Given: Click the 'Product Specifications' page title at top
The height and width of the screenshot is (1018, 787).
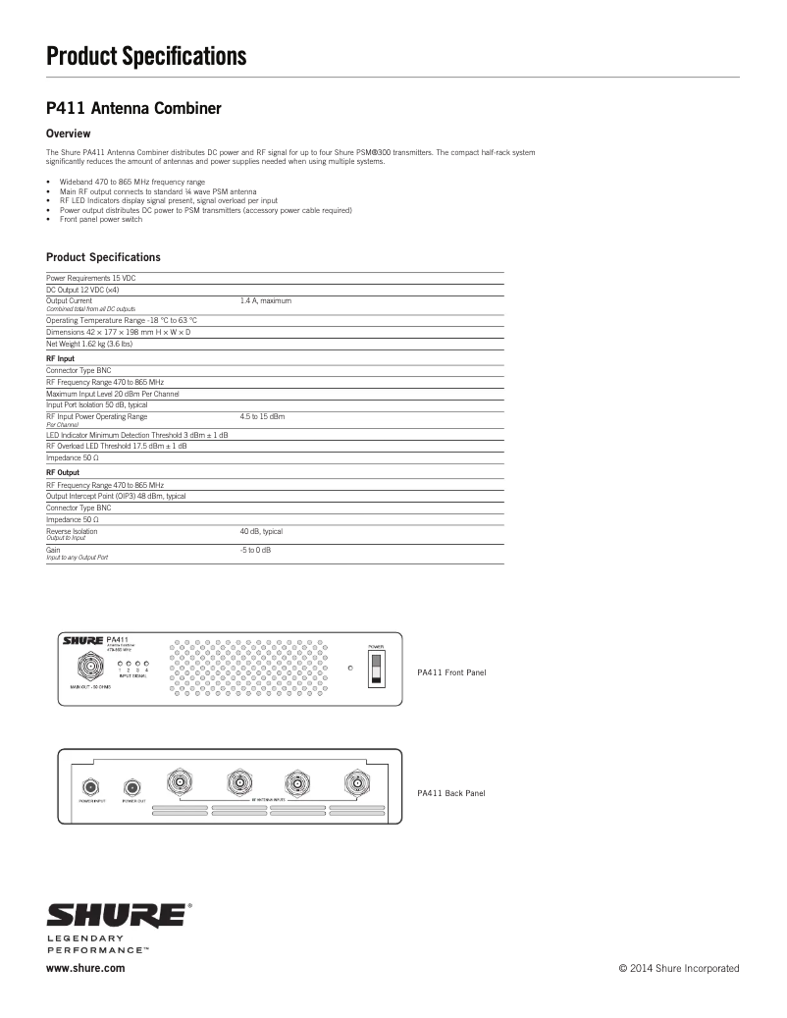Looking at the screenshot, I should pyautogui.click(x=146, y=57).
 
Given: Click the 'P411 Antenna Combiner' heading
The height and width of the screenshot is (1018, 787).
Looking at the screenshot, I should pyautogui.click(x=133, y=108).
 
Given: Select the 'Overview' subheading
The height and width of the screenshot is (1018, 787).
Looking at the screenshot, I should pyautogui.click(x=69, y=134).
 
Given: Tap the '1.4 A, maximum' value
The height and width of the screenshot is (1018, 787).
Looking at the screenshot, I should pyautogui.click(x=266, y=300).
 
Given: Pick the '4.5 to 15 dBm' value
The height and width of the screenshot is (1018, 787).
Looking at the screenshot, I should pyautogui.click(x=262, y=417).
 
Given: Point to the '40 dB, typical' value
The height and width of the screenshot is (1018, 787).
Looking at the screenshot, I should pyautogui.click(x=261, y=531).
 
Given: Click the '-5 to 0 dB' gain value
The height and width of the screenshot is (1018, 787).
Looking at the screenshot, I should pyautogui.click(x=255, y=550).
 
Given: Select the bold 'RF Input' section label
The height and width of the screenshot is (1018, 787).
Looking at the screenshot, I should pyautogui.click(x=61, y=359).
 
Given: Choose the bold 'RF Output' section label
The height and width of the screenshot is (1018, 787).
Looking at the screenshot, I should pyautogui.click(x=63, y=472).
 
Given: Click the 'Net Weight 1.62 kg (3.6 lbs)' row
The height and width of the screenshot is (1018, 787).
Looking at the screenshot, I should pyautogui.click(x=89, y=345).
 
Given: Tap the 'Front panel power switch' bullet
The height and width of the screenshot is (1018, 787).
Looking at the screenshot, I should pyautogui.click(x=100, y=219).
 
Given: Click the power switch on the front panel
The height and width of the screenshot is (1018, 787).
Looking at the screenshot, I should pyautogui.click(x=376, y=670).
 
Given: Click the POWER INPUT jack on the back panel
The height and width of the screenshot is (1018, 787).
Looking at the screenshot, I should pyautogui.click(x=92, y=786).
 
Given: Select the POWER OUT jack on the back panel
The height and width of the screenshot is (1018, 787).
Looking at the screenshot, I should pyautogui.click(x=131, y=786).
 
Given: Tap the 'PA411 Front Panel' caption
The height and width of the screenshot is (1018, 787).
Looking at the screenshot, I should pyautogui.click(x=451, y=672).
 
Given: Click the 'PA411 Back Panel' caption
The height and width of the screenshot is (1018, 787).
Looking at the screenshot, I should pyautogui.click(x=450, y=793).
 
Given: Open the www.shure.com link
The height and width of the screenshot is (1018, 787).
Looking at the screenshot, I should pyautogui.click(x=85, y=968).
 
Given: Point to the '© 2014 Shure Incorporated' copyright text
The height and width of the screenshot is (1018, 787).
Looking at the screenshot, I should pyautogui.click(x=678, y=968).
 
